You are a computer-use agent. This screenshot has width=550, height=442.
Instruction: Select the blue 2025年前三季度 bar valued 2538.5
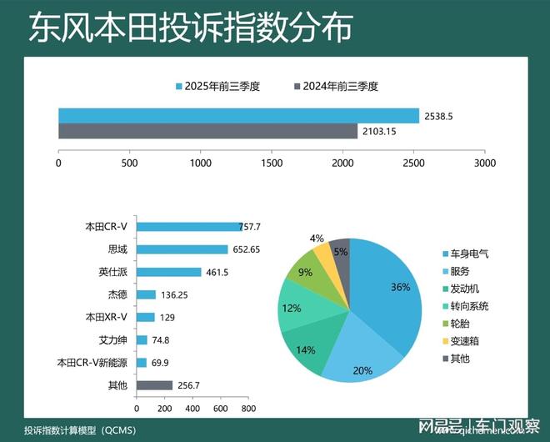click(x=238, y=115)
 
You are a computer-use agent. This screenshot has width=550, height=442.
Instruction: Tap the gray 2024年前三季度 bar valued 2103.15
click(x=207, y=131)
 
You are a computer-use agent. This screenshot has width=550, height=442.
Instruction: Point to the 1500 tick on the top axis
click(x=272, y=163)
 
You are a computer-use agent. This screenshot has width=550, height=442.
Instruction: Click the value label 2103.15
click(x=379, y=132)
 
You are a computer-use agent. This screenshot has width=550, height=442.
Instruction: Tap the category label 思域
click(x=117, y=249)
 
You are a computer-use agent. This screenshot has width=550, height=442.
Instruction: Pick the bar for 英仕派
click(x=168, y=272)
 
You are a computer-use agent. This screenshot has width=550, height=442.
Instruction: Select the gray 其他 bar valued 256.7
click(x=154, y=385)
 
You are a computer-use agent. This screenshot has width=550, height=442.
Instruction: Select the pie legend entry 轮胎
click(x=460, y=323)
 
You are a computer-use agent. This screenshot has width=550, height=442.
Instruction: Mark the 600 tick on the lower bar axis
click(x=220, y=409)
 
